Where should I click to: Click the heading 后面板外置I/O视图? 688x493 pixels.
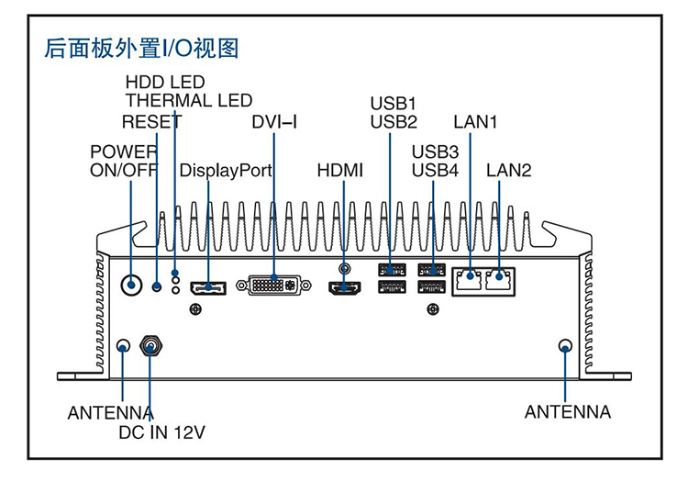(141, 48)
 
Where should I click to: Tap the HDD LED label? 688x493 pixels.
(165, 84)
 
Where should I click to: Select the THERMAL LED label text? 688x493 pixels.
(188, 100)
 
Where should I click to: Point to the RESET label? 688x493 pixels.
(151, 122)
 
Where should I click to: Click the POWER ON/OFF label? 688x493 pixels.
(124, 161)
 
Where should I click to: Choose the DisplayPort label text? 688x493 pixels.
(226, 171)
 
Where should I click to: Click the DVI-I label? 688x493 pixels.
(274, 122)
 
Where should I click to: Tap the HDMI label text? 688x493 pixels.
(340, 171)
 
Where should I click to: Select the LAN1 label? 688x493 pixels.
(475, 122)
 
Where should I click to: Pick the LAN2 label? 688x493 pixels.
(508, 171)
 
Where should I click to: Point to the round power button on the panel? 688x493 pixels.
(132, 286)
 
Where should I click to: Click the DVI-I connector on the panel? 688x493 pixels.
(274, 286)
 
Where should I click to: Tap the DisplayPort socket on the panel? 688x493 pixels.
(208, 289)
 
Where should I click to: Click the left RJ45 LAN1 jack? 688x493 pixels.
(470, 280)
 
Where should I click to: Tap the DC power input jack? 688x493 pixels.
(150, 346)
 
